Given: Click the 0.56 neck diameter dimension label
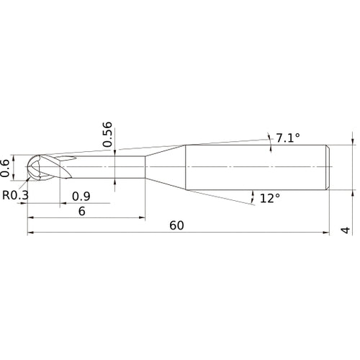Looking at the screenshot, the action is pyautogui.click(x=107, y=134).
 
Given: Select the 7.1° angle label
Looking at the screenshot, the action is pyautogui.click(x=288, y=138).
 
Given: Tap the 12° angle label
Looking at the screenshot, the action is pyautogui.click(x=270, y=199).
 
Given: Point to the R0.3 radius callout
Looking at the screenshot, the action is pyautogui.click(x=15, y=195).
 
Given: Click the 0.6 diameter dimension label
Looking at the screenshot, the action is pyautogui.click(x=5, y=168).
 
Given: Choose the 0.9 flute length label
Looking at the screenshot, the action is pyautogui.click(x=81, y=197).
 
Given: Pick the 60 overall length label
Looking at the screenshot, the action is pyautogui.click(x=176, y=225).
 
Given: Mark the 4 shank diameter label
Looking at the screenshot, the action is pyautogui.click(x=346, y=230).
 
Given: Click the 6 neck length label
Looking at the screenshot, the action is pyautogui.click(x=82, y=211).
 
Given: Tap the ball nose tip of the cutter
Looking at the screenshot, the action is pyautogui.click(x=26, y=166).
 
